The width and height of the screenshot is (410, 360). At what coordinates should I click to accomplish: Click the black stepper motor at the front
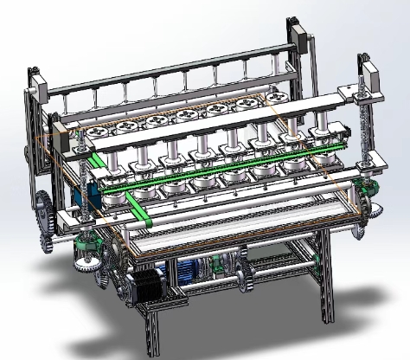tap(146, 286)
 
